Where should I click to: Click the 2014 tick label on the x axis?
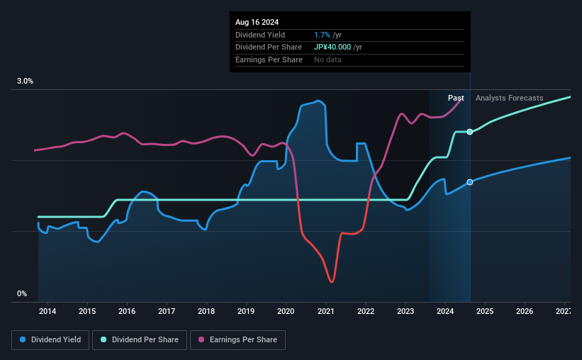(x=47, y=311)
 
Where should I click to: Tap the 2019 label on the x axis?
(x=246, y=311)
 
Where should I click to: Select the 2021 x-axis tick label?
(x=325, y=311)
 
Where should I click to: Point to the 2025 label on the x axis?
(x=485, y=311)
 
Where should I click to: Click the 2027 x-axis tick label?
(x=564, y=311)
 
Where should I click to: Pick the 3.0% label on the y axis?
(x=25, y=81)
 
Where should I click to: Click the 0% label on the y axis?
(x=22, y=293)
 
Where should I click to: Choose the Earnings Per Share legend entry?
(x=237, y=340)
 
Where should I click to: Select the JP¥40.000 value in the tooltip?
(x=337, y=47)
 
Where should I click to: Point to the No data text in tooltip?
(x=328, y=60)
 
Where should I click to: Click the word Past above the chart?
(x=456, y=98)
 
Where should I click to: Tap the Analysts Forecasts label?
(x=510, y=98)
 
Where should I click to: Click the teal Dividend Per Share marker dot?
(x=470, y=132)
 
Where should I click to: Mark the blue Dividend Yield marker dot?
(x=470, y=182)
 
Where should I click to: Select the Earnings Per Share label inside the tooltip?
(x=269, y=60)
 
